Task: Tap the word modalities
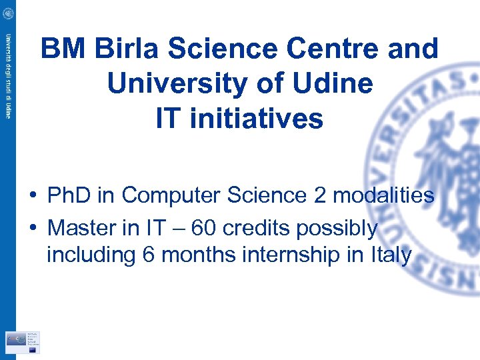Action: coord(384,195)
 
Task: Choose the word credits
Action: coord(257,228)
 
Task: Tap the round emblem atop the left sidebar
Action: coord(8,13)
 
